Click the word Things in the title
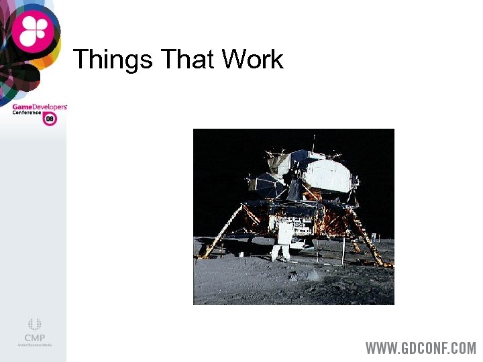click(x=113, y=60)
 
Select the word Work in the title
click(x=253, y=60)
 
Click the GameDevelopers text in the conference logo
click(x=40, y=107)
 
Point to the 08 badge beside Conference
click(x=50, y=119)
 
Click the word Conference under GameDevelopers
click(x=27, y=113)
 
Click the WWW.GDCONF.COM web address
click(x=421, y=348)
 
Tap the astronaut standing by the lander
click(x=282, y=242)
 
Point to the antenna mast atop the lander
click(x=313, y=142)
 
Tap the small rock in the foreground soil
click(x=295, y=276)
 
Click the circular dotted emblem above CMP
click(x=34, y=324)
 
